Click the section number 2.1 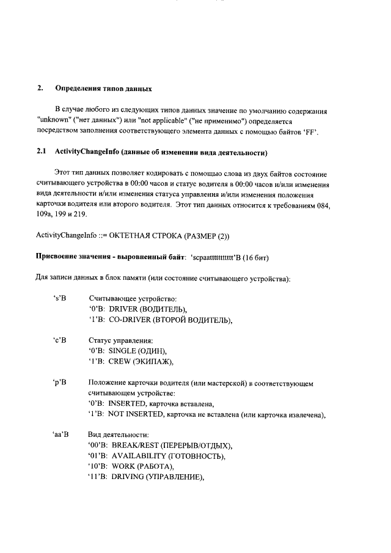pos(42,151)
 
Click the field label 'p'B pos(59,382)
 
